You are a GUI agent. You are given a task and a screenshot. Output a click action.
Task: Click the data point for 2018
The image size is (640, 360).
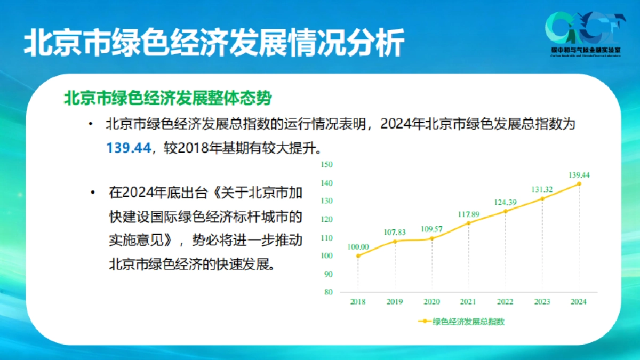pyautogui.click(x=358, y=256)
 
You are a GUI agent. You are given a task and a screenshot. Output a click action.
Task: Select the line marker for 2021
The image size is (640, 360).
pyautogui.click(x=469, y=223)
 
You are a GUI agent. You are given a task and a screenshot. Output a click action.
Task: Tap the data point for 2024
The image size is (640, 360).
pyautogui.click(x=579, y=184)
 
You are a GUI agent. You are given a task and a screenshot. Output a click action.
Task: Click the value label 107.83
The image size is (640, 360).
pyautogui.click(x=395, y=232)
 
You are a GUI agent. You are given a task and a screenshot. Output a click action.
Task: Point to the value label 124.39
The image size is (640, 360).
pyautogui.click(x=505, y=202)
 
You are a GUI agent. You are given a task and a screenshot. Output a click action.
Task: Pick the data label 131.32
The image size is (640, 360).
pyautogui.click(x=542, y=189)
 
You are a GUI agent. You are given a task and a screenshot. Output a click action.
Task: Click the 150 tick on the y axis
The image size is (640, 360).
pyautogui.click(x=327, y=165)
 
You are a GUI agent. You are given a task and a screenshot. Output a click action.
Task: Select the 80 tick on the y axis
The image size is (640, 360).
pyautogui.click(x=329, y=292)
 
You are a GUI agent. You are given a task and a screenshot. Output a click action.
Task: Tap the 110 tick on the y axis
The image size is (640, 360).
pyautogui.click(x=327, y=238)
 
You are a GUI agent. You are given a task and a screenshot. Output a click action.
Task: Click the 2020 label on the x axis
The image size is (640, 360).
pyautogui.click(x=431, y=302)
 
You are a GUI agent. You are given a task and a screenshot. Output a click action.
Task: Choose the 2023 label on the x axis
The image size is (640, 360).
pyautogui.click(x=542, y=302)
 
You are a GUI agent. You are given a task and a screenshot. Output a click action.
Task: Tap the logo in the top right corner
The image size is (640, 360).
pyautogui.click(x=586, y=34)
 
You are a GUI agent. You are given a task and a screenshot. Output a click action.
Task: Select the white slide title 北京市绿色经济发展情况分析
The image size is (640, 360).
pyautogui.click(x=213, y=43)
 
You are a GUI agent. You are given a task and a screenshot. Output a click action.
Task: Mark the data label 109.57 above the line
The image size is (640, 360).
pyautogui.click(x=431, y=229)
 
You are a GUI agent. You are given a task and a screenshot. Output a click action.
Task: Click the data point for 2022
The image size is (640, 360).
pyautogui.click(x=506, y=211)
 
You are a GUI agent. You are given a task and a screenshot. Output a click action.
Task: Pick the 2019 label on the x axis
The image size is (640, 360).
pyautogui.click(x=395, y=302)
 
